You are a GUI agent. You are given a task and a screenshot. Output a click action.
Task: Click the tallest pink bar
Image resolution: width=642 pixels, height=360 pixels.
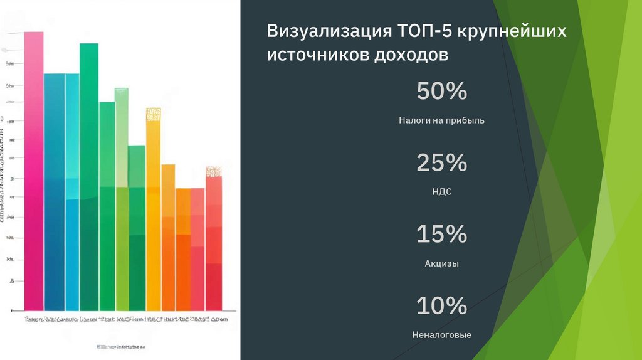(x=34, y=169)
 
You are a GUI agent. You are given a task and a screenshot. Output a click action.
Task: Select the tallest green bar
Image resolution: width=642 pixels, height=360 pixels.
(x=89, y=176)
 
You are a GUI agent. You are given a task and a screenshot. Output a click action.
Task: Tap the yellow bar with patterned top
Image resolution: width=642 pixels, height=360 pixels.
(x=153, y=207)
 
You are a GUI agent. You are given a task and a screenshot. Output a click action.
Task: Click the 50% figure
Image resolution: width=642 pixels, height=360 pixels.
(x=441, y=92)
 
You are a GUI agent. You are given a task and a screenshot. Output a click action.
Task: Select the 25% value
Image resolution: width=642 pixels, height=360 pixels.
(x=441, y=163)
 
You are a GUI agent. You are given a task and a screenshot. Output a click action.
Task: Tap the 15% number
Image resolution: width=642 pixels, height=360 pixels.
(x=441, y=235)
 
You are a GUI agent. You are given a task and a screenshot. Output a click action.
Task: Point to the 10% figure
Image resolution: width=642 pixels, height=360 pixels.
(x=441, y=306)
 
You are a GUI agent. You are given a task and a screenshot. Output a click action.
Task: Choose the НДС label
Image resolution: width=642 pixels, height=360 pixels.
(x=441, y=192)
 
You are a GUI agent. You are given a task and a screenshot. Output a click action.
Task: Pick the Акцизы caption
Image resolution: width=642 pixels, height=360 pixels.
(x=441, y=263)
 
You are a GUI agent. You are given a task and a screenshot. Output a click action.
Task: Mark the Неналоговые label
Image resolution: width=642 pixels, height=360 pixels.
(x=441, y=335)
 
